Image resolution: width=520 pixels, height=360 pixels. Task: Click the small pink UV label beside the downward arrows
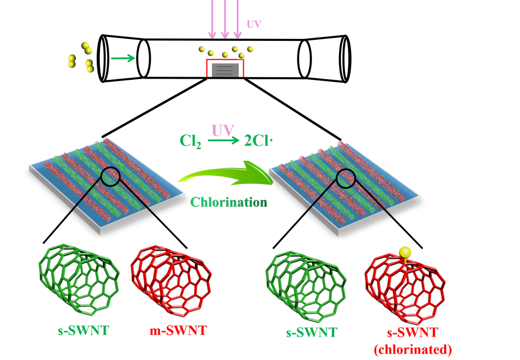pos(254,24)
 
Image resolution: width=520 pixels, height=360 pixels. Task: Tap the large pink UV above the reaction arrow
pos(223,131)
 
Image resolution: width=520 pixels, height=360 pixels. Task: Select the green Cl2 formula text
pos(190,142)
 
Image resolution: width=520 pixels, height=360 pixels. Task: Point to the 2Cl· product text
pos(258,142)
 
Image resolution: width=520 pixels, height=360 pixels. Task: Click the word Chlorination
pos(229,202)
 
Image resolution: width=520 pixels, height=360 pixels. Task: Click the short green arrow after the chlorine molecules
pos(123,58)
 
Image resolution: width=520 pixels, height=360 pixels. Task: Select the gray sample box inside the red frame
pos(225,69)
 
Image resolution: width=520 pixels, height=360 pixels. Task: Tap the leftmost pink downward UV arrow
pos(212,20)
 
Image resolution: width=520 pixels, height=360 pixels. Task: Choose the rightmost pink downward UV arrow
pos(238,20)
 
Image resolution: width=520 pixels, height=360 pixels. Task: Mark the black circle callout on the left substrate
pos(110,176)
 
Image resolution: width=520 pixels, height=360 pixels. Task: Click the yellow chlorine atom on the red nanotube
pos(405,252)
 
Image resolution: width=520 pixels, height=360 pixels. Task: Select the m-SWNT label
pos(178,331)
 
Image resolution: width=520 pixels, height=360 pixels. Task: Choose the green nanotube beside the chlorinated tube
pos(306,282)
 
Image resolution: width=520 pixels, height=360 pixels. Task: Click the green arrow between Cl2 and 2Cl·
pos(224,142)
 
